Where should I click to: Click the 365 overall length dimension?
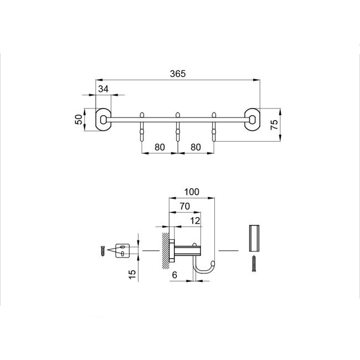[178, 74]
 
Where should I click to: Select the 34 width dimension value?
[104, 89]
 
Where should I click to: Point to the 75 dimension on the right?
[274, 125]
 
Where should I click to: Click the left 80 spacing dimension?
[160, 147]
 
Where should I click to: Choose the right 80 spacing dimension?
[195, 147]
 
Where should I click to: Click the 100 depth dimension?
[192, 192]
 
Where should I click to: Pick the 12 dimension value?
[194, 220]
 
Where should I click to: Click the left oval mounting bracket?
[103, 119]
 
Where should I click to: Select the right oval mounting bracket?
[252, 119]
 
